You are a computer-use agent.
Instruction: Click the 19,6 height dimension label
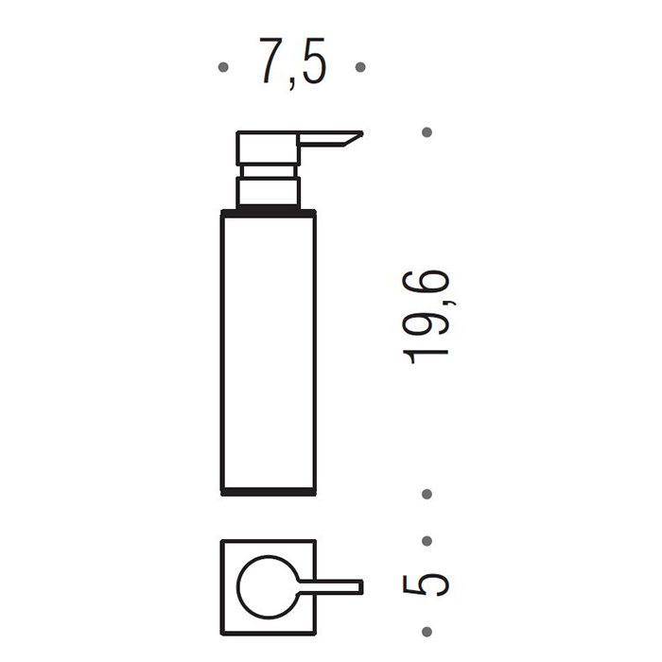(427, 317)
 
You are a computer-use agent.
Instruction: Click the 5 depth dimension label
(426, 584)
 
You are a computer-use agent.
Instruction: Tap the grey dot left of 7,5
(223, 67)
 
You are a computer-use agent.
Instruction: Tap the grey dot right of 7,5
(360, 67)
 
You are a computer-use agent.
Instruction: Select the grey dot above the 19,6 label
(427, 132)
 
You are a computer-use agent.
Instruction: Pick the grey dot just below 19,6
(427, 494)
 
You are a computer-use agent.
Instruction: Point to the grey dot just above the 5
(427, 541)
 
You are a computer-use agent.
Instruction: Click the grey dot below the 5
(427, 632)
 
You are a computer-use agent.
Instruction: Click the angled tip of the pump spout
(361, 134)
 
